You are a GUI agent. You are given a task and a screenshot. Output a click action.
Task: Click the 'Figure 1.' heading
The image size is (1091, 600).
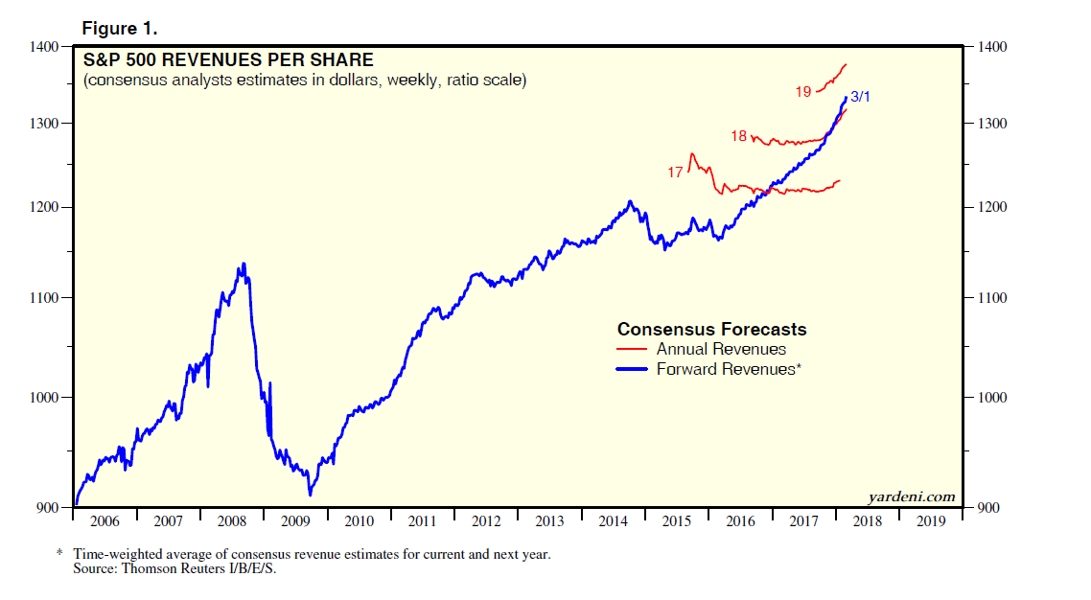pos(119,29)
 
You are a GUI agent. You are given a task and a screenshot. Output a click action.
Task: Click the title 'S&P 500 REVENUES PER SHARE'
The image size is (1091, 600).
pos(228,60)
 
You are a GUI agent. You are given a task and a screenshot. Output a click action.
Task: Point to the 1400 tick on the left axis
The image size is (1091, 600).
pos(46,46)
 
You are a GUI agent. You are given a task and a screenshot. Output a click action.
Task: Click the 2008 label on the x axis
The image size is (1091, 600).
pos(231,521)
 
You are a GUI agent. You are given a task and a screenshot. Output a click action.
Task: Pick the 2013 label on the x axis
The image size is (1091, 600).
pos(548,521)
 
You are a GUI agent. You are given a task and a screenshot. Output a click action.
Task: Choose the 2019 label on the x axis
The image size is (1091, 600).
pos(929,521)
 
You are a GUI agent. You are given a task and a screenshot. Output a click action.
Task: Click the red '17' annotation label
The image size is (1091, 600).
pos(675,173)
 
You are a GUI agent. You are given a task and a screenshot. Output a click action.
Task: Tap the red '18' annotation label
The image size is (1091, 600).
pos(738,137)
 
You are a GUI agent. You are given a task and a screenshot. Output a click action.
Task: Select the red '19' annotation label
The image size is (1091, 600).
pos(803,92)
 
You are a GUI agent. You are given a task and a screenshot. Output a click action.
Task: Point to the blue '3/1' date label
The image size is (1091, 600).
pos(861,97)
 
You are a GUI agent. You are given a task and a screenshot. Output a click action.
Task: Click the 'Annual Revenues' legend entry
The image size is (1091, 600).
pos(721,350)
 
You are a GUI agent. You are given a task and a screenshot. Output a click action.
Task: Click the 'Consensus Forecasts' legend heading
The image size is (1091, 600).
pos(711,330)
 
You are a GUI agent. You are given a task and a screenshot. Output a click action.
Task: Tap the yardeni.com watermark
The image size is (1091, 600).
pos(911,496)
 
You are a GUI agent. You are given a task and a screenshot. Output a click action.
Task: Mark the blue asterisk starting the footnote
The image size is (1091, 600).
pos(59,554)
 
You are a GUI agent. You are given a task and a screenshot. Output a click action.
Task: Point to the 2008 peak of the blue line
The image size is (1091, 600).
pos(244,264)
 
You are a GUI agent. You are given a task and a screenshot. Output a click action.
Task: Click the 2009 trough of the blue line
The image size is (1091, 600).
pos(310,495)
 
